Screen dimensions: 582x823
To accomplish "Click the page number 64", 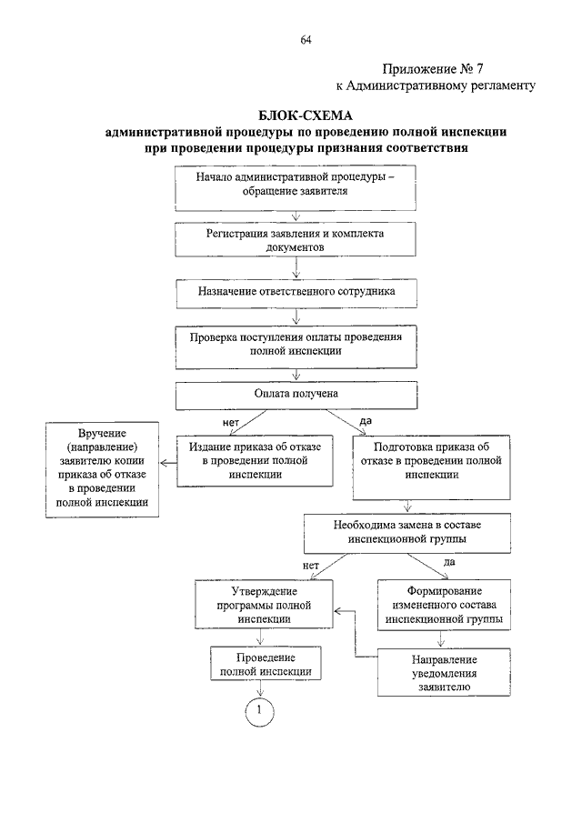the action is pos(306,40).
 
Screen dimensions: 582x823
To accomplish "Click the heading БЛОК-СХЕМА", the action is pos(306,115).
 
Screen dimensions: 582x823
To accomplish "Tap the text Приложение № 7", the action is pos(433,69).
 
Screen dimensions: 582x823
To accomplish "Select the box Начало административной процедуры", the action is pos(296,188).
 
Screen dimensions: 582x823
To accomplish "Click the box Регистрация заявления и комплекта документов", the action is pos(296,240).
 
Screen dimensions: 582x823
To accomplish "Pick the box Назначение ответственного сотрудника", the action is pos(296,294).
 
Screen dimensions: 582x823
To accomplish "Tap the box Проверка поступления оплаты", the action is pos(296,347).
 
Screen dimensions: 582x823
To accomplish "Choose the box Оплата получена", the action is pos(296,396).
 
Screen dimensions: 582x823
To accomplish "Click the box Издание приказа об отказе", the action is pos(255,461).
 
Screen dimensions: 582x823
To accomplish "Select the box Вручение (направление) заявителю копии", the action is pos(103,470).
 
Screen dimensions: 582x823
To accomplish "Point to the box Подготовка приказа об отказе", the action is pos(431,467).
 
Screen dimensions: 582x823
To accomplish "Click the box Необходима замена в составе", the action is pos(407,533).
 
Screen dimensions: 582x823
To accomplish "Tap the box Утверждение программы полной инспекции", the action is pos(264,605).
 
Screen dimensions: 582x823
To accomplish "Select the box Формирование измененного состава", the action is pos(444,605).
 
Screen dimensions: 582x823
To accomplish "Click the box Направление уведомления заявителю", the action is pos(444,672).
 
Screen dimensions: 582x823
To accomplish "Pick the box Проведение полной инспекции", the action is pos(266,664).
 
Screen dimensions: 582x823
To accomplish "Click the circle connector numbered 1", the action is pos(259,711).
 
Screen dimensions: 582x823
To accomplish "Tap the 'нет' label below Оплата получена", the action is pos(231,422).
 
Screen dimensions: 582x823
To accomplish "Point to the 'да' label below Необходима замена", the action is pos(449,562).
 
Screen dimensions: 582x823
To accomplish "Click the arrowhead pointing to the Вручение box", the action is pos(163,463).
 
